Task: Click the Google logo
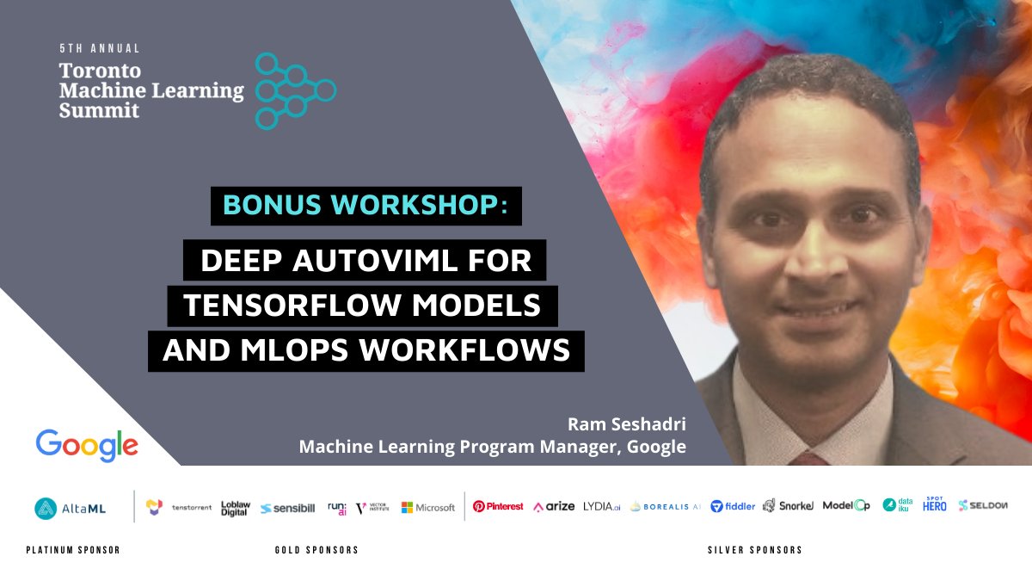(87, 444)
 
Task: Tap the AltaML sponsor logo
(71, 508)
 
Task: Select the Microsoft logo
(428, 507)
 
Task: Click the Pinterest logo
(498, 506)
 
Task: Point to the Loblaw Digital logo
(235, 507)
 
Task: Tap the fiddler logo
(733, 506)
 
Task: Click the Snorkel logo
(788, 506)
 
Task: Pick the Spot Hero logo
(935, 504)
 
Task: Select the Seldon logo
(983, 505)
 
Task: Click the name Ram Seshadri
(626, 424)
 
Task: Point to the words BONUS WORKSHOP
(365, 206)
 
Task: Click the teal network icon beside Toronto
(295, 90)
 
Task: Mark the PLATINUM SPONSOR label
(73, 550)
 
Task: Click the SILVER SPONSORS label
(754, 550)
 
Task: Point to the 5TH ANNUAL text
(99, 49)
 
